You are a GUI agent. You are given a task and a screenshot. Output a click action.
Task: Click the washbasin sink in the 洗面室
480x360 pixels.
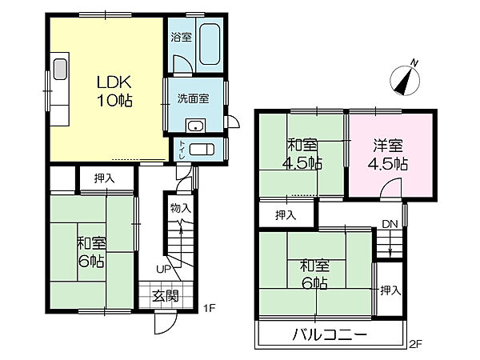195,126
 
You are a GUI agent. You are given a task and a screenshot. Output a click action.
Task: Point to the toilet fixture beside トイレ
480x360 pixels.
203,150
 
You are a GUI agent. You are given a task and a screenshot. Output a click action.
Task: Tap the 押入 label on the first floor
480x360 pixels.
104,178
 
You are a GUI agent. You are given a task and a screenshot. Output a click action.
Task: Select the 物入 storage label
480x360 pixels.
180,208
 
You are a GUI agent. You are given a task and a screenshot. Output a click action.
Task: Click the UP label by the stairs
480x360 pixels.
163,268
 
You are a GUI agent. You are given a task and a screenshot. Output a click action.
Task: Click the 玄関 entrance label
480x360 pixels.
166,294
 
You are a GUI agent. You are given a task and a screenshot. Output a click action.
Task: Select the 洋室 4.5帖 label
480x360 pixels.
388,154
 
